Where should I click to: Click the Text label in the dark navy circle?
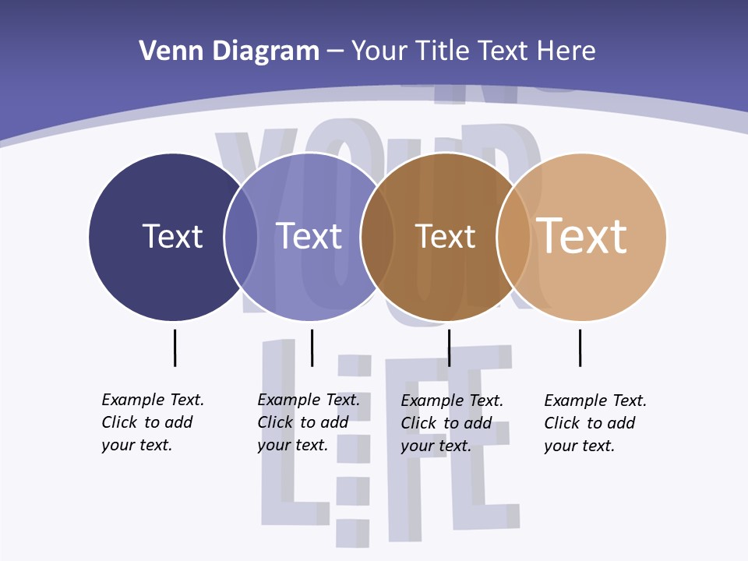point(172,236)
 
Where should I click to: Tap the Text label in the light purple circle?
point(309,236)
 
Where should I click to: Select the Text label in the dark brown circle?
point(445,236)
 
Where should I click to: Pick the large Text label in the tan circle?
point(582,236)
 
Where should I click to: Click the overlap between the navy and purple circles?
point(241,237)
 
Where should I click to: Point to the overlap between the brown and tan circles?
point(513,237)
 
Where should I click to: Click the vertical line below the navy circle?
point(175,348)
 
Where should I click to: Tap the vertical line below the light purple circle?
point(312,348)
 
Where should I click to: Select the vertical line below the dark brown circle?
point(449,348)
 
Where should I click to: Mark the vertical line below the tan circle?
point(580,348)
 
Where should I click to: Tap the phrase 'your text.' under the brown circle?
point(436,446)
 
